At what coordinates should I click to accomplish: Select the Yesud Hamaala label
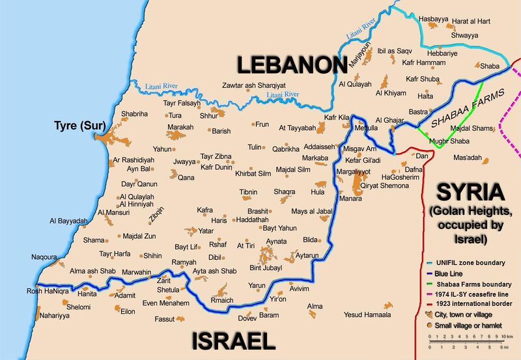click(x=368, y=315)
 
